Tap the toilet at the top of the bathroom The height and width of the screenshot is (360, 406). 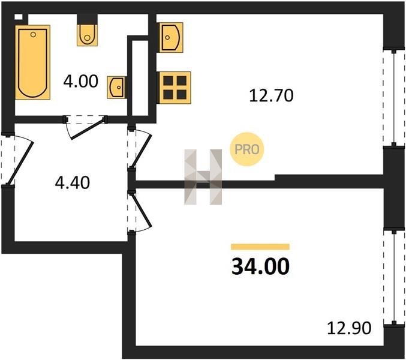pos(88,34)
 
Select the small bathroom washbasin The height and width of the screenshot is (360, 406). pos(116,87)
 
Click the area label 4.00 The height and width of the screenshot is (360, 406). pos(80,81)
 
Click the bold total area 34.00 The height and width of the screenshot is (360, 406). pos(260,264)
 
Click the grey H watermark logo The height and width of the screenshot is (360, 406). pos(203,176)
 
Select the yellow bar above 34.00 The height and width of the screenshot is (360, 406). pos(260,246)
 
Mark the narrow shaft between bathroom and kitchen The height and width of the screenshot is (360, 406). pos(139,78)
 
